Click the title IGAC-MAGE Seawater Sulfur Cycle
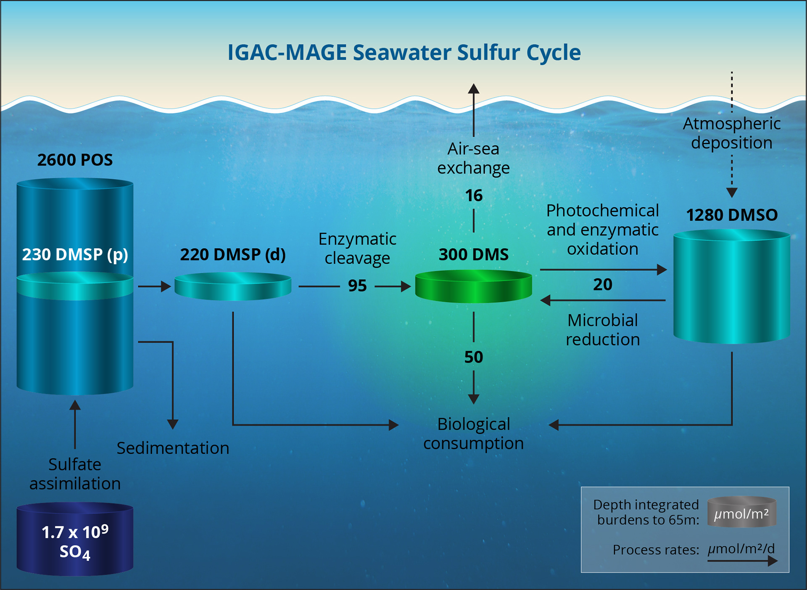(x=404, y=53)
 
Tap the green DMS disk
(x=473, y=287)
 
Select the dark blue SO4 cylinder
(x=75, y=540)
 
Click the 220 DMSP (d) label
(x=233, y=254)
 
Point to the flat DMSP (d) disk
(x=233, y=287)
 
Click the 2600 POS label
(x=75, y=160)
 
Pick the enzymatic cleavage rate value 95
(x=357, y=286)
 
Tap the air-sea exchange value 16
(x=474, y=196)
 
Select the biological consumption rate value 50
(x=474, y=357)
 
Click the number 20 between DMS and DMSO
(x=602, y=285)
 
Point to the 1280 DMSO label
(x=732, y=215)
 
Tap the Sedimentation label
(x=173, y=448)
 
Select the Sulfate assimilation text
(x=75, y=474)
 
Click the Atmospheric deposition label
(x=732, y=133)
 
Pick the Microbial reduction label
(x=602, y=330)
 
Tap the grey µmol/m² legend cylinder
(x=741, y=512)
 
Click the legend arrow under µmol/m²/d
(x=742, y=561)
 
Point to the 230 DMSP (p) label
(x=75, y=254)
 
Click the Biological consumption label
(x=473, y=434)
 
